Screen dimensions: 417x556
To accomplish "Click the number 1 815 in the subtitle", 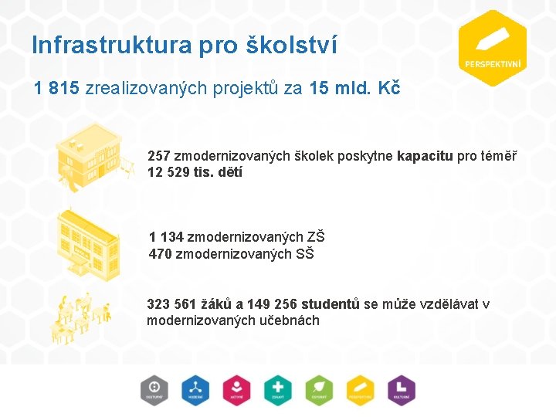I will [56, 89].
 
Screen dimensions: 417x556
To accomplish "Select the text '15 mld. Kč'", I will [354, 89].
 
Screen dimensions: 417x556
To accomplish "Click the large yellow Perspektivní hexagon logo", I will [492, 49].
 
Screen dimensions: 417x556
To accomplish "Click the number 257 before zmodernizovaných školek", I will [159, 156].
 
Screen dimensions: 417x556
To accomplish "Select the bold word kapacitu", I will [425, 156].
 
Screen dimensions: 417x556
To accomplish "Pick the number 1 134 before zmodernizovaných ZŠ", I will [166, 237].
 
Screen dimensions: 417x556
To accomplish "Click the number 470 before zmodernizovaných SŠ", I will [161, 253].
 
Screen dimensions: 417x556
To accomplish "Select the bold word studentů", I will [331, 303].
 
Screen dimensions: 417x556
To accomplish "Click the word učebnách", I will [290, 320].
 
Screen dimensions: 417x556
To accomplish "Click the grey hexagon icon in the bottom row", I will [154, 388].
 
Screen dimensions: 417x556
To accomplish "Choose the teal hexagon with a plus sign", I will [277, 388].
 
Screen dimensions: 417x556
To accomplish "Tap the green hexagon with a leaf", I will [318, 388].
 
